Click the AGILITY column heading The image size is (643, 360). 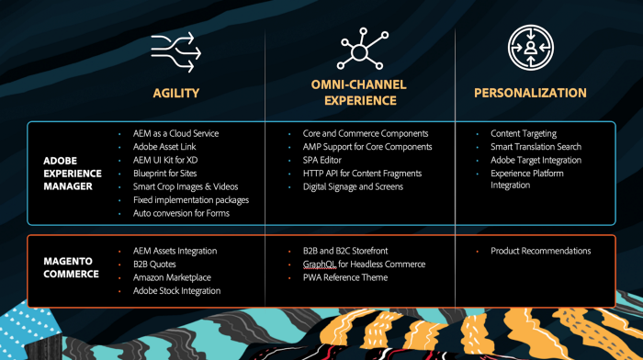click(x=175, y=93)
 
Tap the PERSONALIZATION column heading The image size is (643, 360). click(x=530, y=93)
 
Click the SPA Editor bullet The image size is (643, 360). click(x=323, y=160)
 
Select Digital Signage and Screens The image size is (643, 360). click(x=353, y=186)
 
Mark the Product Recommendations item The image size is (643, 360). click(x=540, y=251)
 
